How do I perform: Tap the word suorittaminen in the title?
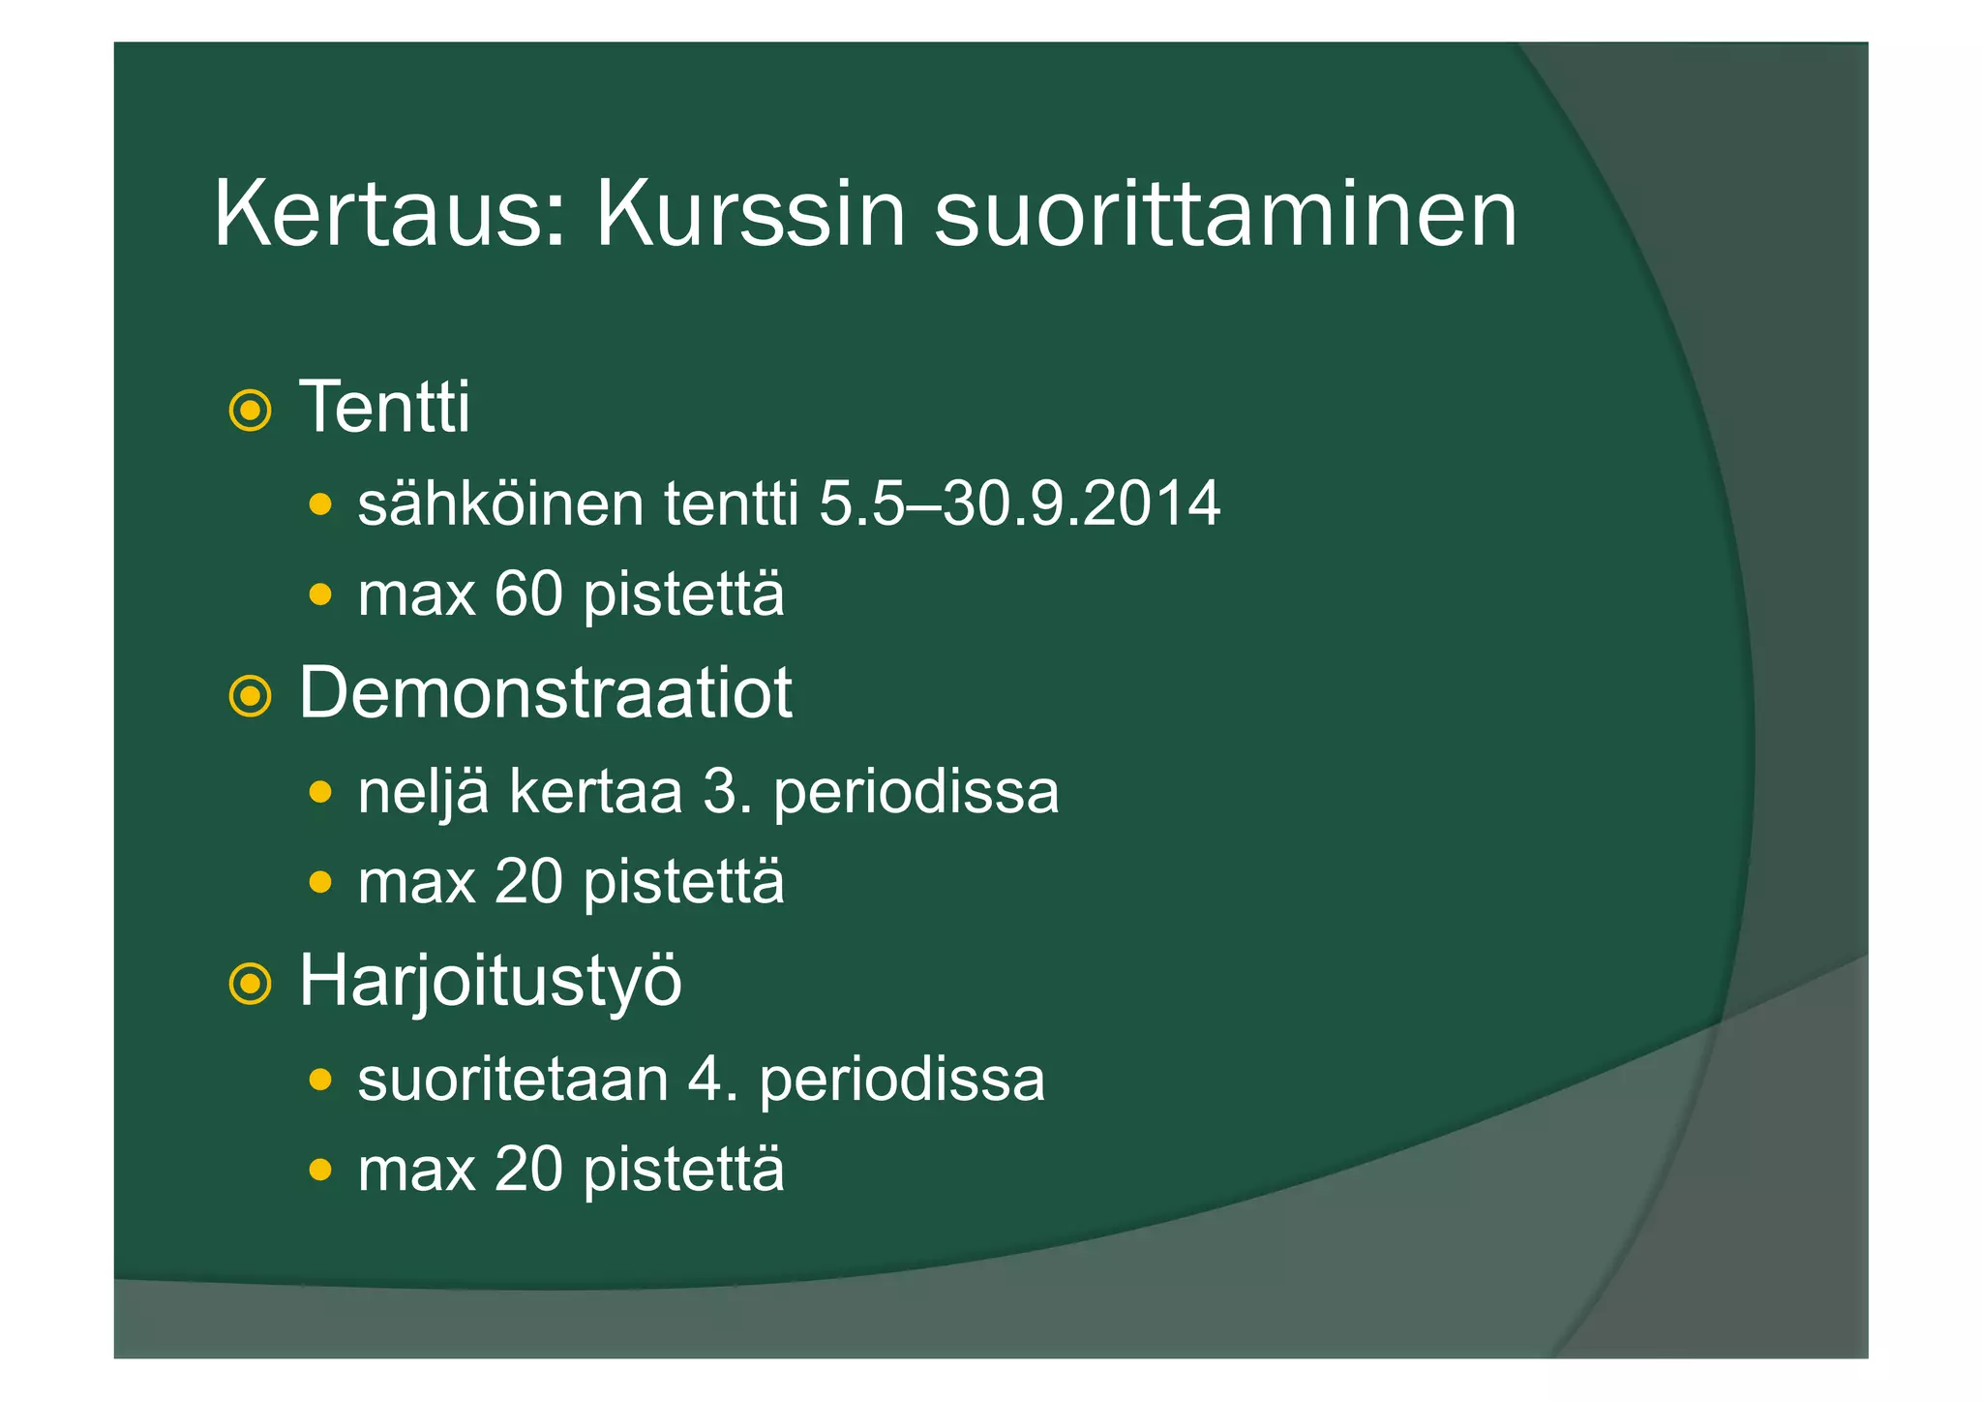click(1225, 215)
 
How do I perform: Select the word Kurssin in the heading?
click(750, 215)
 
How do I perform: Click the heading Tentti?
click(384, 408)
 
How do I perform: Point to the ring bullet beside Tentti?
click(250, 411)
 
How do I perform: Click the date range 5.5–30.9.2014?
click(1019, 504)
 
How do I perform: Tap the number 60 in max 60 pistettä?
click(528, 594)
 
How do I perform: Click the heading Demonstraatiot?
click(545, 693)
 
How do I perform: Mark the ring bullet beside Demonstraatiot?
click(250, 696)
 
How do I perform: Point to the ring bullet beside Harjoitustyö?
click(250, 985)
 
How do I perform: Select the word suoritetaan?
click(513, 1081)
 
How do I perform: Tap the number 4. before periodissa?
click(712, 1081)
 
